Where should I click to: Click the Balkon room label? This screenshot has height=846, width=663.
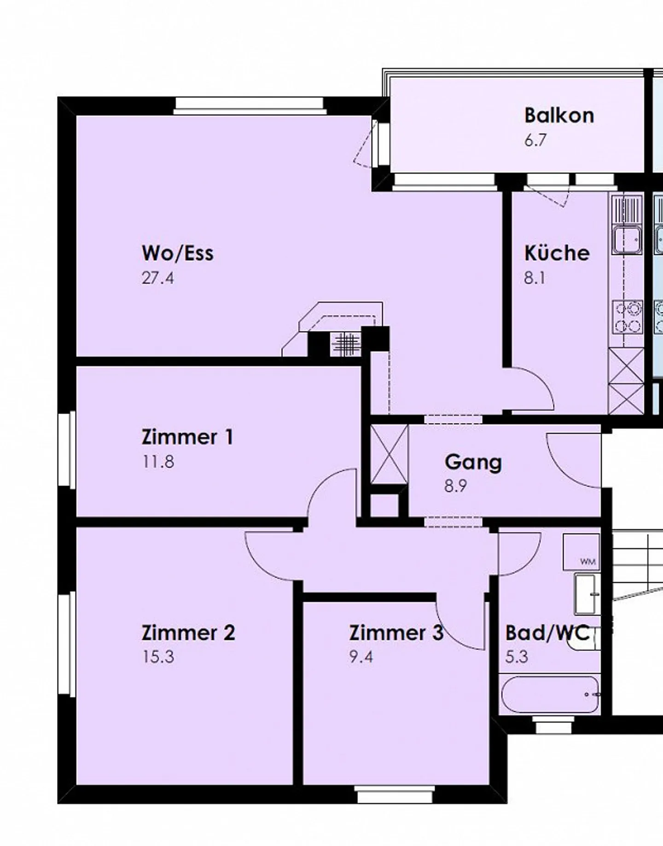tap(558, 115)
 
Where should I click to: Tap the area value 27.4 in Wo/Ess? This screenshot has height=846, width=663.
tap(157, 278)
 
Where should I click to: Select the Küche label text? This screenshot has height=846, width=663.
tap(557, 253)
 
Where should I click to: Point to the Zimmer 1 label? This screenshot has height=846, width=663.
tap(187, 437)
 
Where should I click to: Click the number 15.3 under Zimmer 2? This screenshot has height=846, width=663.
tap(158, 657)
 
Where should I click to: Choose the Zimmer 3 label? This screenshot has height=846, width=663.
tap(395, 633)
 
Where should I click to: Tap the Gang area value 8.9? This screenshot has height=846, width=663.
tap(455, 486)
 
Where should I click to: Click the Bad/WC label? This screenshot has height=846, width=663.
tap(547, 633)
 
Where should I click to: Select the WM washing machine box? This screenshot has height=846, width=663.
tap(582, 552)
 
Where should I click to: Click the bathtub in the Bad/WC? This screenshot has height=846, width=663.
tap(550, 694)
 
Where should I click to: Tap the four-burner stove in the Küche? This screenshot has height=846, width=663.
tap(627, 317)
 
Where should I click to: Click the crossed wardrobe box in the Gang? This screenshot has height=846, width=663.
tap(389, 454)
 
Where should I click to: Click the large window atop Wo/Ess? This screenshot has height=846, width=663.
tap(250, 105)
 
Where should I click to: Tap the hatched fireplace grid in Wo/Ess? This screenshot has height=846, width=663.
tap(346, 343)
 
